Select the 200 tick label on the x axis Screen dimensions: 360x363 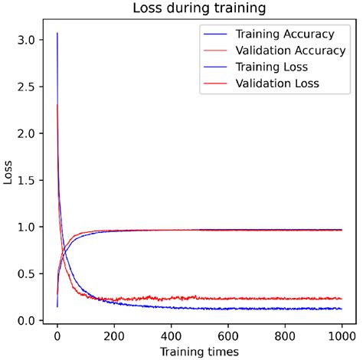tap(114, 335)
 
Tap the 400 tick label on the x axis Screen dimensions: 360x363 tap(171, 335)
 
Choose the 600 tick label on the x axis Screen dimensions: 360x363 tap(227, 335)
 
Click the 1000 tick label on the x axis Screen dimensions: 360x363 tap(342, 335)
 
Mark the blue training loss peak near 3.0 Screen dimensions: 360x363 tap(57, 34)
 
